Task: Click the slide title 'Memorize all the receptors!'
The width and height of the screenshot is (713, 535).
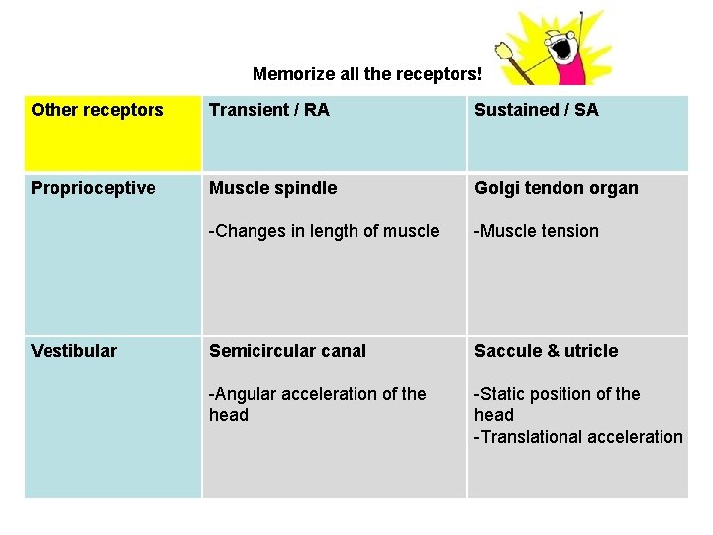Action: pyautogui.click(x=367, y=74)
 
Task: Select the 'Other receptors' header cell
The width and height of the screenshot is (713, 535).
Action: pyautogui.click(x=97, y=110)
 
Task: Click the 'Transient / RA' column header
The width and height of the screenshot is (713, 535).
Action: pyautogui.click(x=268, y=110)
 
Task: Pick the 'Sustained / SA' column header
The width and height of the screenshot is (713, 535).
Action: pyautogui.click(x=536, y=110)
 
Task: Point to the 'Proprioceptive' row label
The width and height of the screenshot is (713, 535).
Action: pyautogui.click(x=93, y=188)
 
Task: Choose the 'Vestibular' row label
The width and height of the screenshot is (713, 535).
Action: pyautogui.click(x=73, y=351)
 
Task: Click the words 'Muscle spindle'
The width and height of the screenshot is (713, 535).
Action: pyautogui.click(x=272, y=188)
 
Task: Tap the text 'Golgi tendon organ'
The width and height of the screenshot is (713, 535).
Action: pyautogui.click(x=556, y=188)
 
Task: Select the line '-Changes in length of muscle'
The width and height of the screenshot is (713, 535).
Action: pyautogui.click(x=323, y=231)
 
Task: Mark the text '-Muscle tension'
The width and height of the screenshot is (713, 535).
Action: pyautogui.click(x=536, y=231)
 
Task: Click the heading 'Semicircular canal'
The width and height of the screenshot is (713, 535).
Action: pyautogui.click(x=287, y=351)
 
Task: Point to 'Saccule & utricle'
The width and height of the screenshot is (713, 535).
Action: pyautogui.click(x=546, y=351)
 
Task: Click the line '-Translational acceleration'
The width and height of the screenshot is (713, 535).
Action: pyautogui.click(x=578, y=437)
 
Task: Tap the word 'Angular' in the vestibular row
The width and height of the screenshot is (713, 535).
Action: pyautogui.click(x=243, y=394)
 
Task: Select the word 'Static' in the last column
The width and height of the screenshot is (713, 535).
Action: pyautogui.click(x=502, y=394)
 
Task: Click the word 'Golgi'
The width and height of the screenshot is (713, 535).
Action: pyautogui.click(x=496, y=188)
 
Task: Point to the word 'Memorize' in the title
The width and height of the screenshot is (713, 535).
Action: pyautogui.click(x=290, y=74)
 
